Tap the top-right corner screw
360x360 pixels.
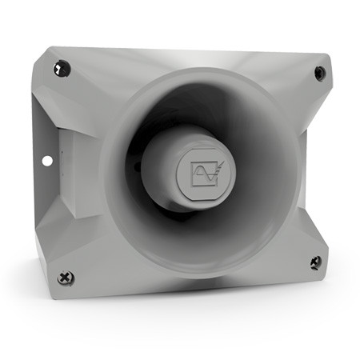[x=320, y=73]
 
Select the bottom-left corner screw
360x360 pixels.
[x=66, y=278]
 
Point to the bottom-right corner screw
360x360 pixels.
[x=315, y=262]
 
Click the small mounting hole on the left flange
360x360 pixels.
[x=47, y=161]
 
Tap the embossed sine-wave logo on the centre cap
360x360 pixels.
[x=200, y=170]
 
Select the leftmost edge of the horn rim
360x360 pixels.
[x=101, y=172]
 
